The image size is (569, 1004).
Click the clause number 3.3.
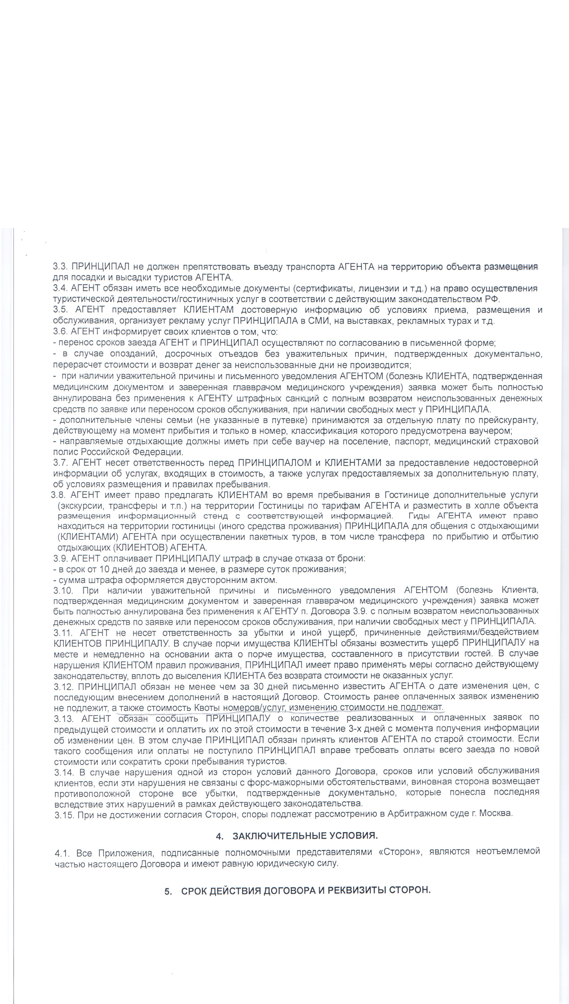click(60, 267)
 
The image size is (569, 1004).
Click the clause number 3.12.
click(64, 686)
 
